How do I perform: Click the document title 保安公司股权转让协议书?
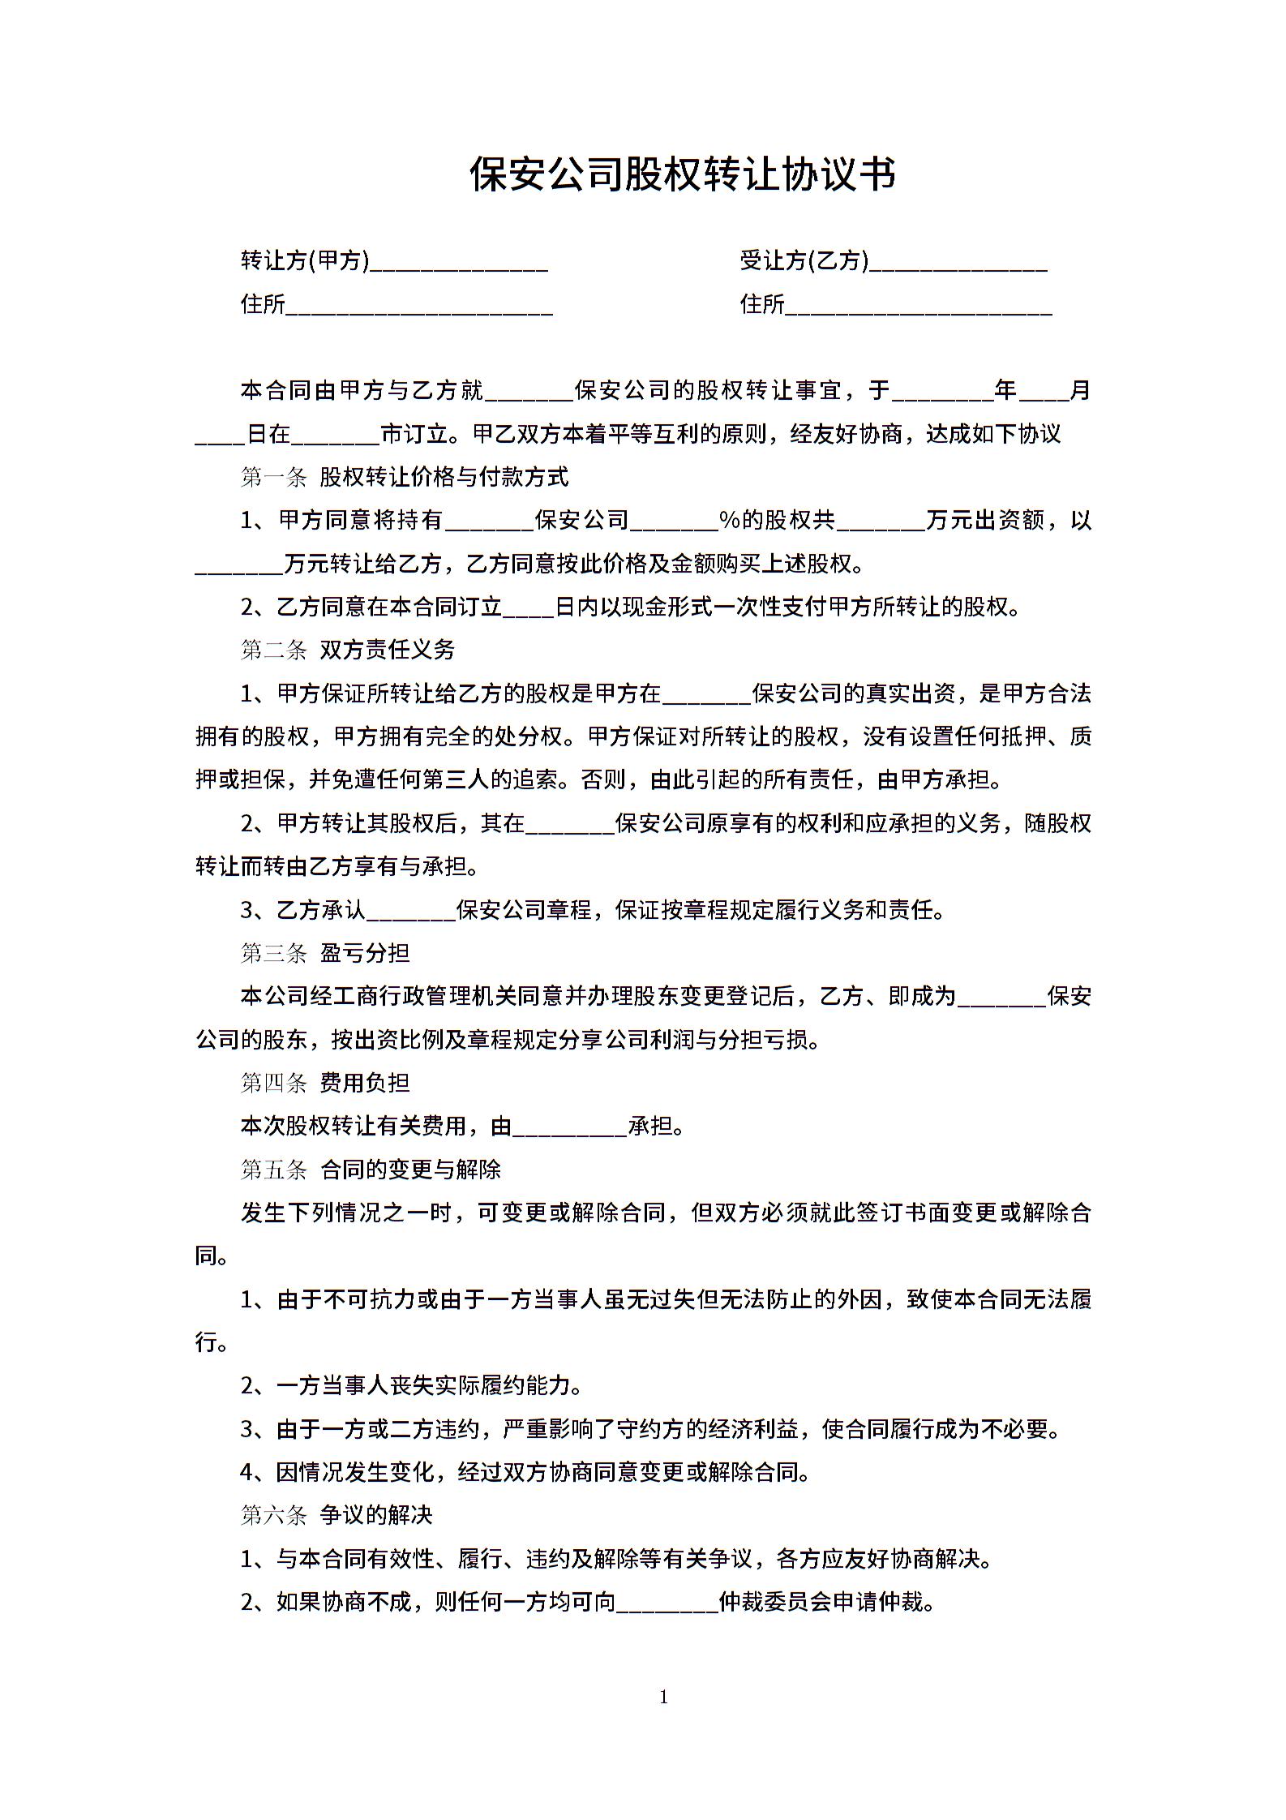point(683,174)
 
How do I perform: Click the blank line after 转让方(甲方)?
point(459,264)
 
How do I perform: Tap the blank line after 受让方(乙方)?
point(958,264)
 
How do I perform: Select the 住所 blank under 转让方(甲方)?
point(419,308)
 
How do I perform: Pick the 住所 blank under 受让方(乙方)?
point(919,308)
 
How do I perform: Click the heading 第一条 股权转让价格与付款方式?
point(405,477)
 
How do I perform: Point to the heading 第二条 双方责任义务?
point(348,650)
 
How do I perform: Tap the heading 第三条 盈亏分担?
point(325,953)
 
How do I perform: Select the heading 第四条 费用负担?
point(325,1083)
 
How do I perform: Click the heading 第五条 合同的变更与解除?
point(371,1170)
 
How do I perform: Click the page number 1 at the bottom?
point(664,1697)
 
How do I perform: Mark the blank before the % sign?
point(674,524)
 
